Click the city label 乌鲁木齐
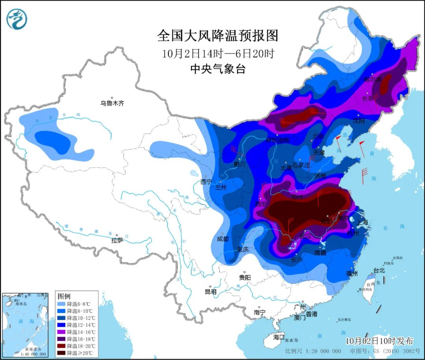click(112, 103)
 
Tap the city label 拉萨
click(117, 240)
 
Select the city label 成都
click(223, 239)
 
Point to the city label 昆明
click(211, 292)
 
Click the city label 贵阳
click(244, 277)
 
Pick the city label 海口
click(279, 337)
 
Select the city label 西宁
click(206, 182)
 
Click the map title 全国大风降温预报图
click(218, 35)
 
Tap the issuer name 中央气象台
click(218, 69)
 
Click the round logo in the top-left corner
click(17, 19)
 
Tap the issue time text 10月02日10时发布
click(379, 340)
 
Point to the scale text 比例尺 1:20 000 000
click(313, 351)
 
